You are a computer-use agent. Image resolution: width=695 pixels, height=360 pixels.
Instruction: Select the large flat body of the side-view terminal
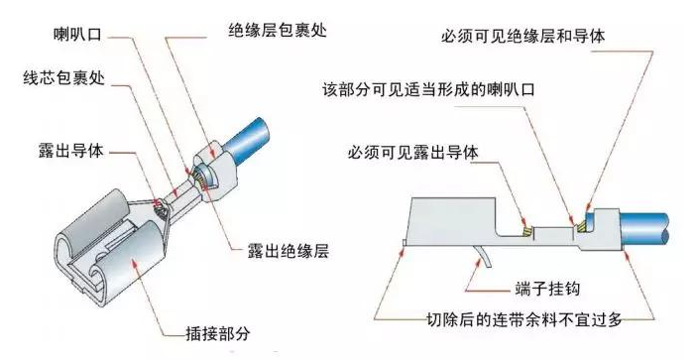click(456, 218)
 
